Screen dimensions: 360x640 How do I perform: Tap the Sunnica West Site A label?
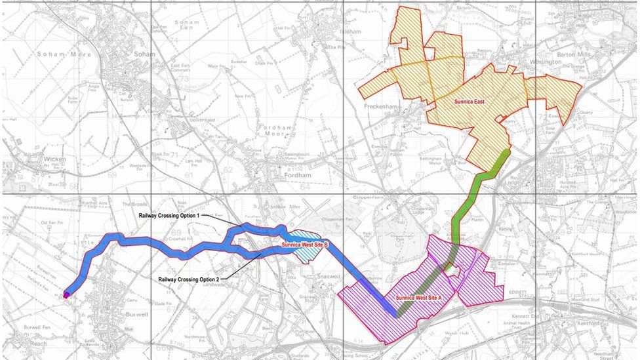click(420, 298)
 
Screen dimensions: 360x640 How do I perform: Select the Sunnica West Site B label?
click(304, 245)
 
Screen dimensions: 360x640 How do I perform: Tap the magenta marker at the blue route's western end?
click(66, 295)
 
